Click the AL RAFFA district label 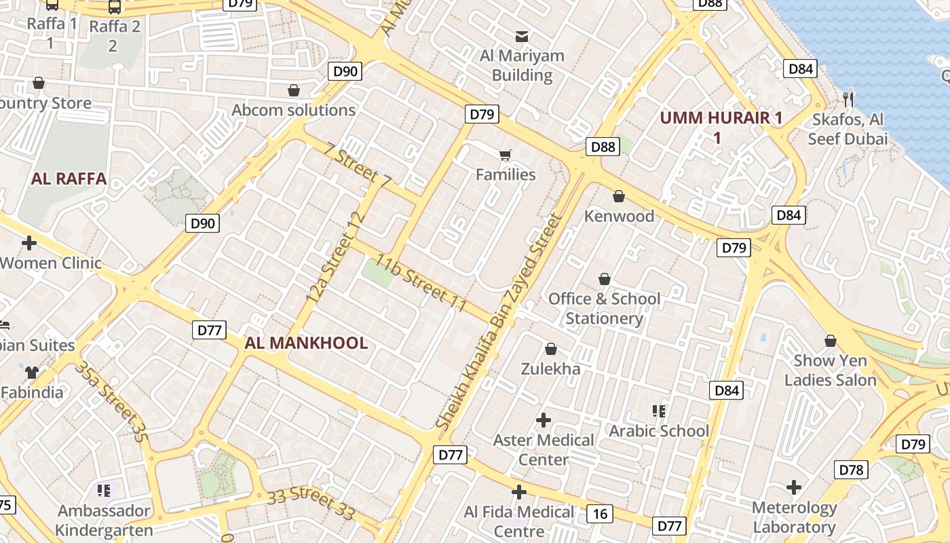69,179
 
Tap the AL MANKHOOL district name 306,343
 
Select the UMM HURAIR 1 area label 721,118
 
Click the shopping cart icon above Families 505,155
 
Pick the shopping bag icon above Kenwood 619,197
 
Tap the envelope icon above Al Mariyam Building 522,36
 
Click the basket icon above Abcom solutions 294,90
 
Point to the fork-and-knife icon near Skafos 848,100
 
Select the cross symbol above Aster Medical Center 543,420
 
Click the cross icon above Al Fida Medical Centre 519,492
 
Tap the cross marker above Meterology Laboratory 794,487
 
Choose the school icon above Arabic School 658,411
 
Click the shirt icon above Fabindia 31,372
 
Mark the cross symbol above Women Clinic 29,242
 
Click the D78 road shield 851,470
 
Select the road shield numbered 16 600,514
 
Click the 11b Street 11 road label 421,283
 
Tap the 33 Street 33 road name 311,503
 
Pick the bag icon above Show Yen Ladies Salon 831,341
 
